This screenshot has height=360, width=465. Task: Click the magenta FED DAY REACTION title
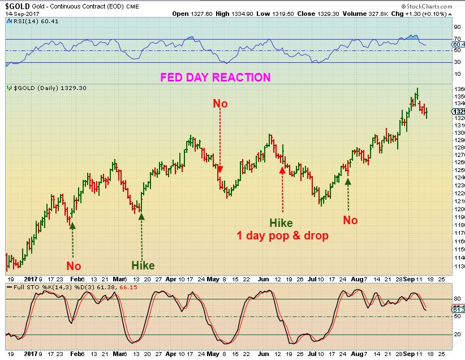click(216, 78)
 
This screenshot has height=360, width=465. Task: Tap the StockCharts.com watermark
click(435, 5)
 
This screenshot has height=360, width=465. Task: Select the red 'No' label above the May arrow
click(220, 104)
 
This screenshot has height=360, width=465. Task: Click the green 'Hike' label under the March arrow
click(143, 265)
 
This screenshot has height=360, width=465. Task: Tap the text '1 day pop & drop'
click(282, 235)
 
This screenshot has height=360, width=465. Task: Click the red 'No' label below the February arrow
click(74, 265)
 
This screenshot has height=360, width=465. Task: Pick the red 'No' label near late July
click(351, 220)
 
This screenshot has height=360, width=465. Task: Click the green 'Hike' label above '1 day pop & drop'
click(281, 222)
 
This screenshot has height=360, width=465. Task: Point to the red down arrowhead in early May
click(220, 169)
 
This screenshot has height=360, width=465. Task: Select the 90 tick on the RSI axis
click(457, 27)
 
